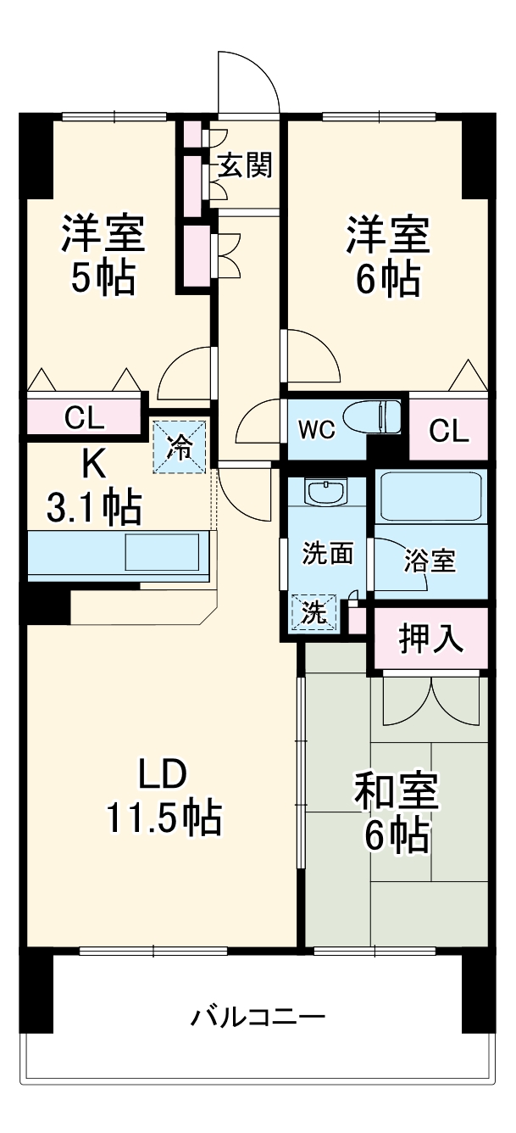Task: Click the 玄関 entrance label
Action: click(x=245, y=166)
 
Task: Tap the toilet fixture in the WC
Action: click(x=385, y=417)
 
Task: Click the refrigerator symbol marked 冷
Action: click(x=180, y=447)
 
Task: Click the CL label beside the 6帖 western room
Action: click(x=448, y=431)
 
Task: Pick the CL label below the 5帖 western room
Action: click(x=84, y=417)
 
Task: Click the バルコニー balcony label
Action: click(x=257, y=1015)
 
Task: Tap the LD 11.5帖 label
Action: click(x=163, y=796)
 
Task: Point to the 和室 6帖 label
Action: click(x=395, y=813)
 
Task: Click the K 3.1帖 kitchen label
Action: click(x=93, y=486)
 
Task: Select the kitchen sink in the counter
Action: click(x=164, y=552)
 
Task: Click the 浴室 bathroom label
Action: click(x=430, y=561)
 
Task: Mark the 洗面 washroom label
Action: click(x=328, y=553)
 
